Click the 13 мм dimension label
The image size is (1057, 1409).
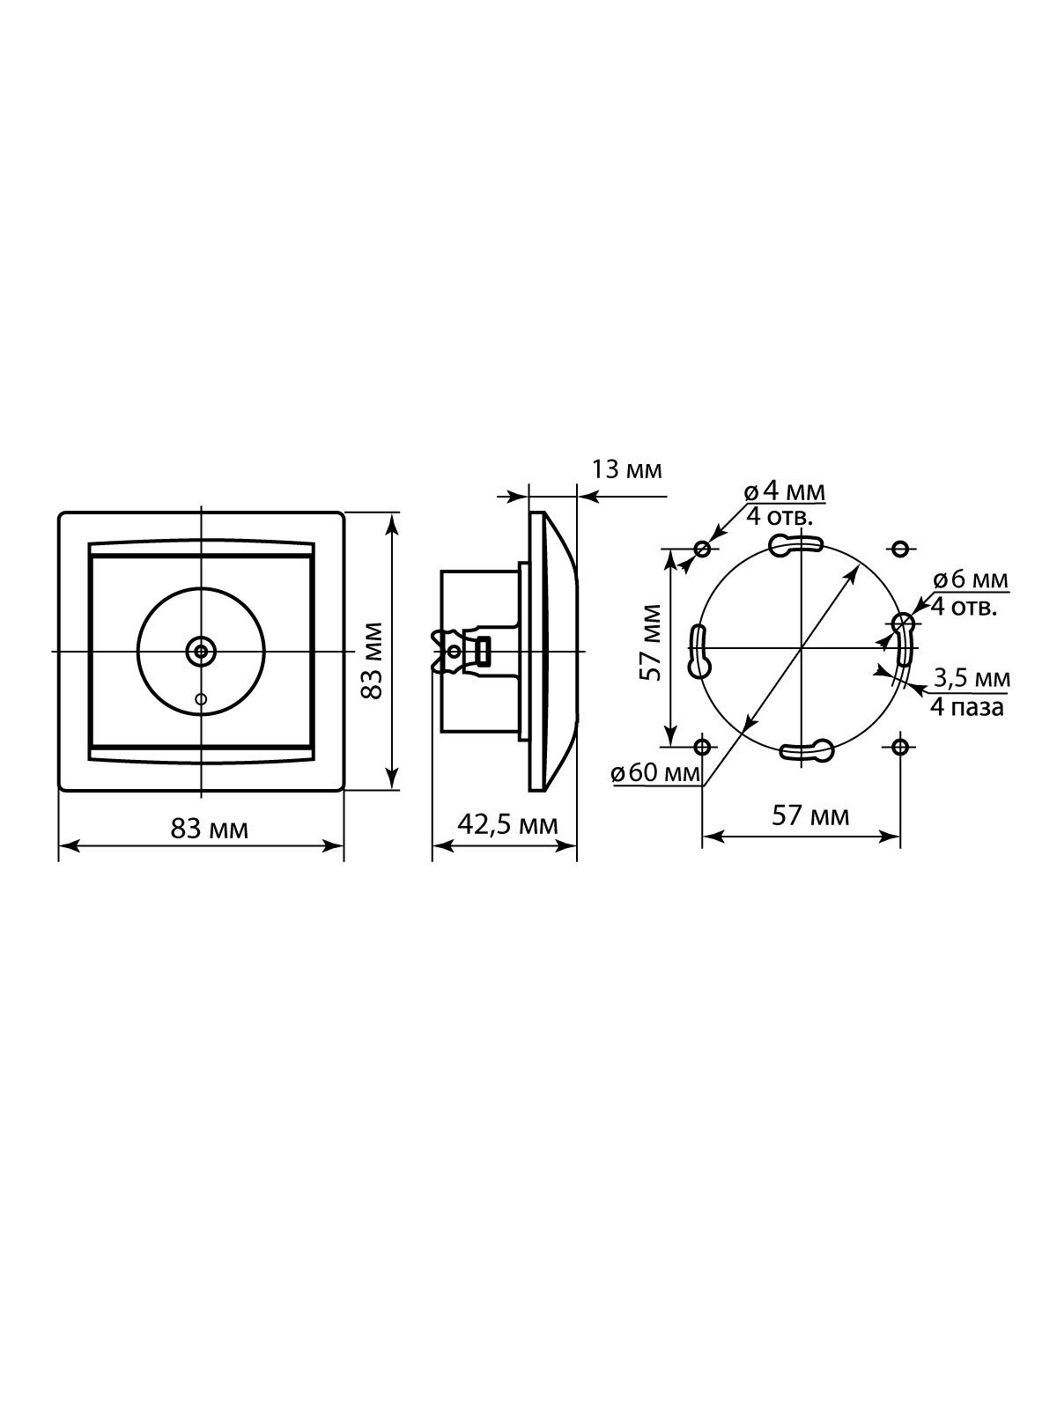coord(625,470)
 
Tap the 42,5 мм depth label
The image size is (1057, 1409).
coord(507,825)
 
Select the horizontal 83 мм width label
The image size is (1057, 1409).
coord(210,830)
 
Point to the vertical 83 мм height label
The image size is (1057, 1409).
coord(372,660)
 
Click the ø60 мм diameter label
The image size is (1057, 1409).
coord(655,774)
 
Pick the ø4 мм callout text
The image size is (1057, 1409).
coord(784,492)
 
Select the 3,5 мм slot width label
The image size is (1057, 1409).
coord(972,678)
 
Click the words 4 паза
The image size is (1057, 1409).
coord(967,708)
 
